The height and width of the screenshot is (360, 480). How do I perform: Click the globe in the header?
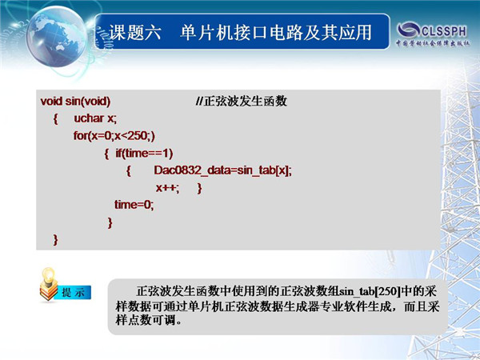(56, 37)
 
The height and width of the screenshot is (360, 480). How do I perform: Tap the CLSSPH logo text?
(444, 30)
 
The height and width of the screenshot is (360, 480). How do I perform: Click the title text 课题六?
(135, 33)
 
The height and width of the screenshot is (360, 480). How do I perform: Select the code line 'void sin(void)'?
(75, 101)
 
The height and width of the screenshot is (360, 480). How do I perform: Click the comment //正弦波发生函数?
(242, 101)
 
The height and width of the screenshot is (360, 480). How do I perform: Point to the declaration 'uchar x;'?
(95, 118)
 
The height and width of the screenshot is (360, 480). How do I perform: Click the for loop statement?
(114, 135)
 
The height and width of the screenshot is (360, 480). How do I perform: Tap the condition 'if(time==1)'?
(144, 153)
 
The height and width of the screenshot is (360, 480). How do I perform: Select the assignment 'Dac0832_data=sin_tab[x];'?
(223, 170)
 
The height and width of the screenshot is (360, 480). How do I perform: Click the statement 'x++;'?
(167, 187)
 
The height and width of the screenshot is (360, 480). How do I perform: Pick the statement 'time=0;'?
(134, 205)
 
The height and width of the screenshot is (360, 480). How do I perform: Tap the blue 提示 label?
(73, 292)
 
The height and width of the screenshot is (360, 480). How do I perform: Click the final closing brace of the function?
(55, 240)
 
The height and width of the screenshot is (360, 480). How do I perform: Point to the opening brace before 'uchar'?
(55, 118)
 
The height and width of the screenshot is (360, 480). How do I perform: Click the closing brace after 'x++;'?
(199, 188)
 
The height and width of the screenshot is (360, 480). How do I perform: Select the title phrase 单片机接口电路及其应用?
(276, 33)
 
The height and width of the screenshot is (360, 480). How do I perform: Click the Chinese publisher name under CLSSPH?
(433, 43)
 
